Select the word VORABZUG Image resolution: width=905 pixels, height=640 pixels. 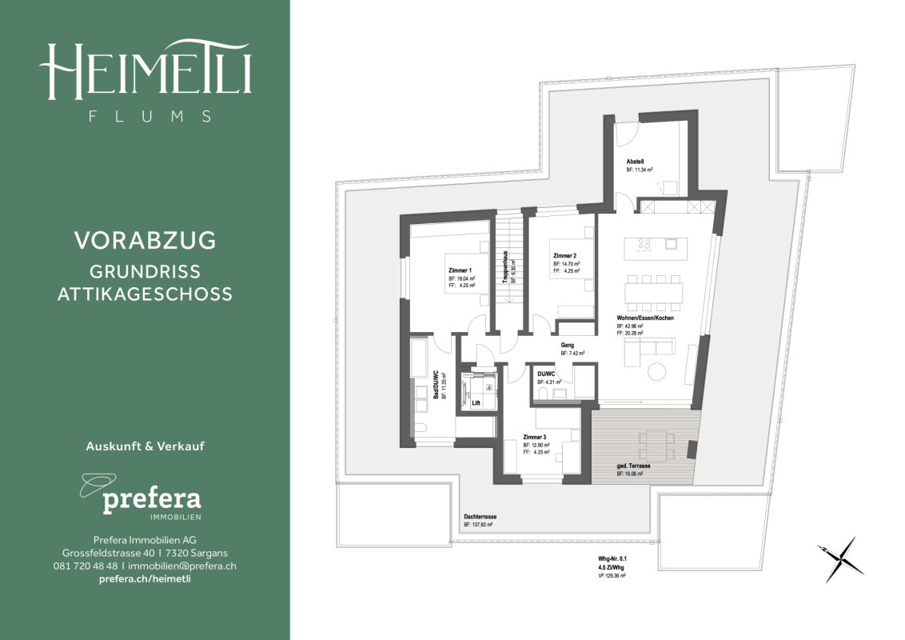click(145, 240)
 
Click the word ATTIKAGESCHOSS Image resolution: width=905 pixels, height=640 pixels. click(145, 294)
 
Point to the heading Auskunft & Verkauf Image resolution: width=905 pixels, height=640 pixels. click(145, 446)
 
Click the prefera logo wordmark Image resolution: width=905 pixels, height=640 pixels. click(151, 502)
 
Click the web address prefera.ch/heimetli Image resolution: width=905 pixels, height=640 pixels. click(145, 578)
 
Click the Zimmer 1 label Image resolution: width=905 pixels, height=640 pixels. click(460, 270)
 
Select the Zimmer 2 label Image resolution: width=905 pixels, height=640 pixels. click(565, 256)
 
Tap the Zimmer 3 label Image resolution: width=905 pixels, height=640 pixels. click(535, 438)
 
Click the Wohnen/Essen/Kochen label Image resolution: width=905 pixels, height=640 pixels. click(645, 318)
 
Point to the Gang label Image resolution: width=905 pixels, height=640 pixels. click(568, 345)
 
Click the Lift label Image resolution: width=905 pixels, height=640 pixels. click(475, 403)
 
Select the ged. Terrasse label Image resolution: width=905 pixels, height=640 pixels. click(632, 466)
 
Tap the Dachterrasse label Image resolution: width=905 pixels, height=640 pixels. click(479, 517)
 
